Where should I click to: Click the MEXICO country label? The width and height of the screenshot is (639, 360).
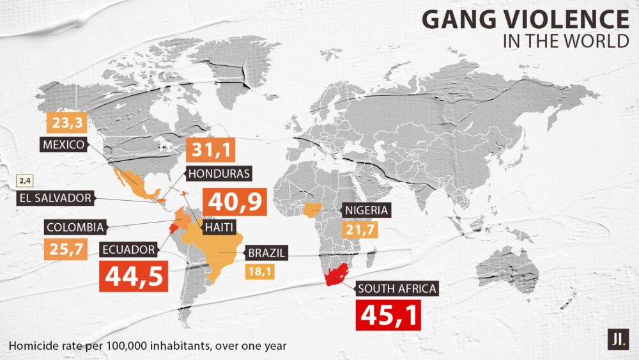coord(63,145)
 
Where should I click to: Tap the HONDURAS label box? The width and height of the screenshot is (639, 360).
coord(218,173)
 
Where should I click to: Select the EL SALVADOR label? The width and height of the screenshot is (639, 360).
coord(55,198)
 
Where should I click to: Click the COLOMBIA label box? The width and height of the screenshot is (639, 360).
coord(75,227)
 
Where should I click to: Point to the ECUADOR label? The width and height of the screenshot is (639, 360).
coord(127,249)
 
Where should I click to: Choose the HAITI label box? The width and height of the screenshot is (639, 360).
coord(217,226)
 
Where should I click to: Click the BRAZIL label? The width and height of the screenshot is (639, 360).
coord(264,253)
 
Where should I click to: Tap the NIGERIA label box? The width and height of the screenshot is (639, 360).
coord(366,210)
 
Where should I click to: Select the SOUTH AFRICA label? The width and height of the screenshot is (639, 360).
coord(397,288)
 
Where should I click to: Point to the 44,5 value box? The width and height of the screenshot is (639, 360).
coord(134,276)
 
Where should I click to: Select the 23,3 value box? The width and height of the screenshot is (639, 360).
coord(66,122)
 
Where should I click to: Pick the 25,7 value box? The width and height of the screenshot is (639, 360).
coord(65,249)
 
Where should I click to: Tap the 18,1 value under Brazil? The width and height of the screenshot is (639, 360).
coord(259,271)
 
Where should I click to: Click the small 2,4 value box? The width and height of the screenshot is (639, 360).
coord(25,180)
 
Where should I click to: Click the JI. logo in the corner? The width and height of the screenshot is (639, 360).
coord(618,338)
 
